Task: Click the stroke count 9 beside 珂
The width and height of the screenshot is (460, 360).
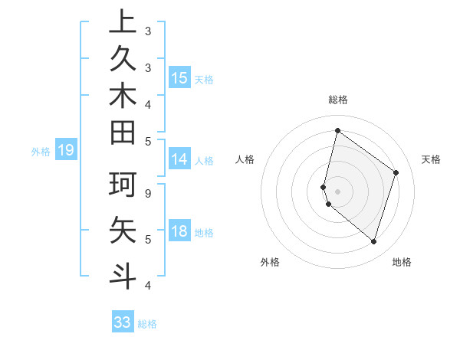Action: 147,194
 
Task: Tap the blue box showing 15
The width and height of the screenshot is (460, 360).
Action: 179,78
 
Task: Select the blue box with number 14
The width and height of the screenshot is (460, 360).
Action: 179,159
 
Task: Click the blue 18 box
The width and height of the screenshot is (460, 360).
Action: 179,231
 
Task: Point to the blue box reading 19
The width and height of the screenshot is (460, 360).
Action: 66,150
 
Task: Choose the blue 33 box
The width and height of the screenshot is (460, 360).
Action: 123,322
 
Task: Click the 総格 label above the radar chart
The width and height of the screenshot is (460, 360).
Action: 337,100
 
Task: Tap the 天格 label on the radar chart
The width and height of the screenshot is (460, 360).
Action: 431,159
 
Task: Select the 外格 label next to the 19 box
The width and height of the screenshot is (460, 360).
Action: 41,151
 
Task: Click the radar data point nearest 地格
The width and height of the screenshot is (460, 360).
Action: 373,241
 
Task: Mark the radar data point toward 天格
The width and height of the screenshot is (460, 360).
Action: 396,172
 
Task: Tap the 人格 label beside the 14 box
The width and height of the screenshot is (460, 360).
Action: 204,161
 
